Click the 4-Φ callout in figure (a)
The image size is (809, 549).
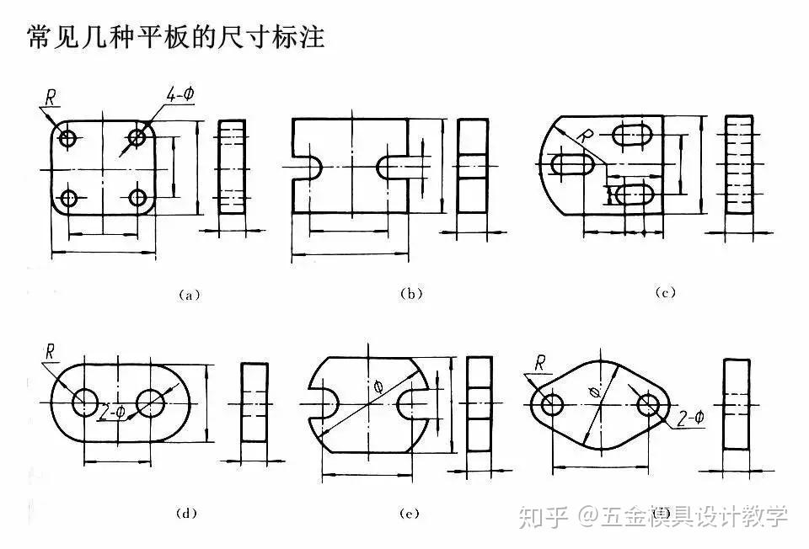pos(180,94)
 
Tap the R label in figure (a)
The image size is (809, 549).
pos(51,98)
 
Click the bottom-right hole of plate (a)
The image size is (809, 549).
pos(138,199)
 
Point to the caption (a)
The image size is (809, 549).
pos(187,295)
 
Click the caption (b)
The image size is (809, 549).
pos(410,294)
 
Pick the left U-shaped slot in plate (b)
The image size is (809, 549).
pos(305,166)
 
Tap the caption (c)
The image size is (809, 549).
pos(666,292)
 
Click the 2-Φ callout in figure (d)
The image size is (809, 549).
pos(112,412)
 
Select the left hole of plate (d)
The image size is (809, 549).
pos(85,402)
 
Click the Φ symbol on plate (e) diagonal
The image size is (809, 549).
pos(377,386)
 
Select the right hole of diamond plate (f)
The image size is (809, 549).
pos(648,405)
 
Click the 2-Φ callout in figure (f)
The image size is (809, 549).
pos(689,418)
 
